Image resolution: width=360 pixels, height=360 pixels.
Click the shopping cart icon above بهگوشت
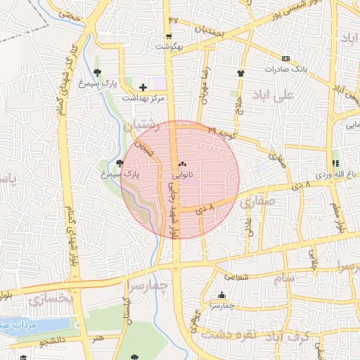point(169,37)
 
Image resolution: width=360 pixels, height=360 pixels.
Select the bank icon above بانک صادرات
point(285,59)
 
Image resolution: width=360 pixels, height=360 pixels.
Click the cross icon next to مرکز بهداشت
point(143,87)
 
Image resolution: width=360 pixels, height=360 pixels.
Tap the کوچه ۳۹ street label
point(222,131)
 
